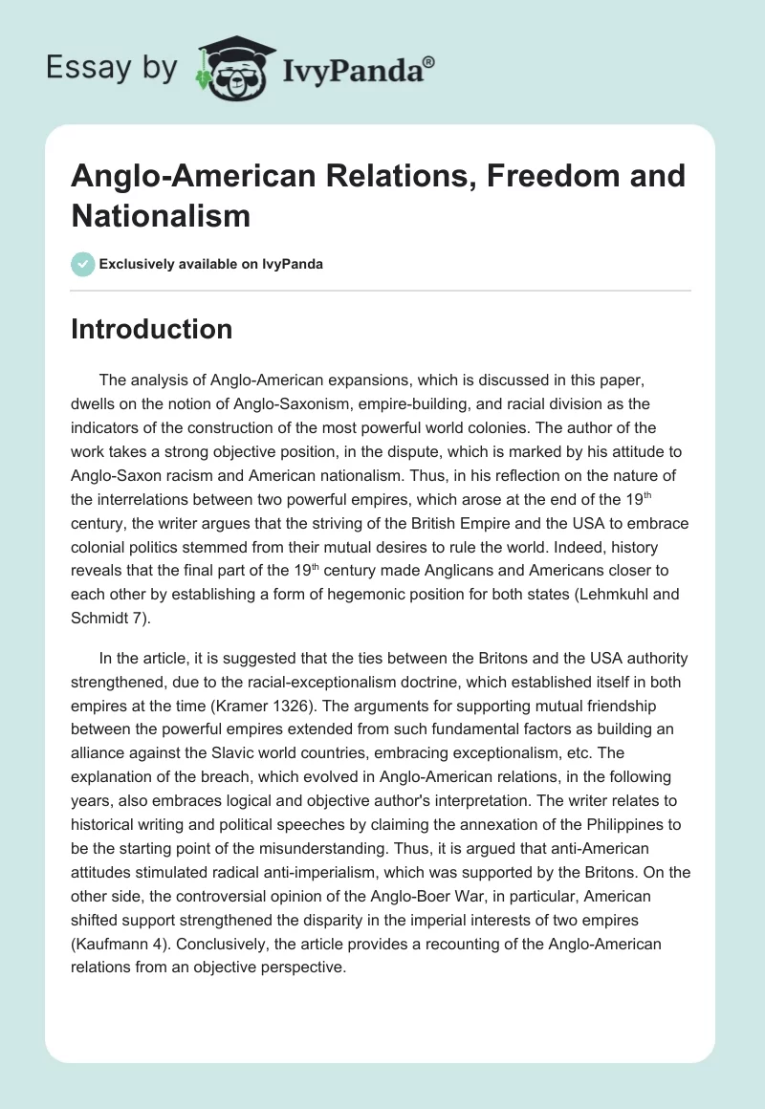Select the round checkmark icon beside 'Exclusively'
click(83, 264)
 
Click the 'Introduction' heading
click(152, 329)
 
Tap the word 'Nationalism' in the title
click(161, 215)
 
